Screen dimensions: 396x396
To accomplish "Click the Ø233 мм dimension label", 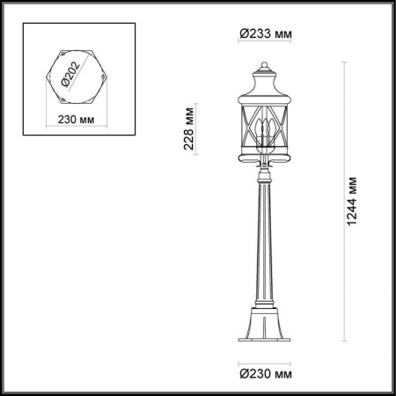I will [264, 33].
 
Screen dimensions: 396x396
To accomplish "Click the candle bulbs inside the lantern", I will [263, 135].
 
